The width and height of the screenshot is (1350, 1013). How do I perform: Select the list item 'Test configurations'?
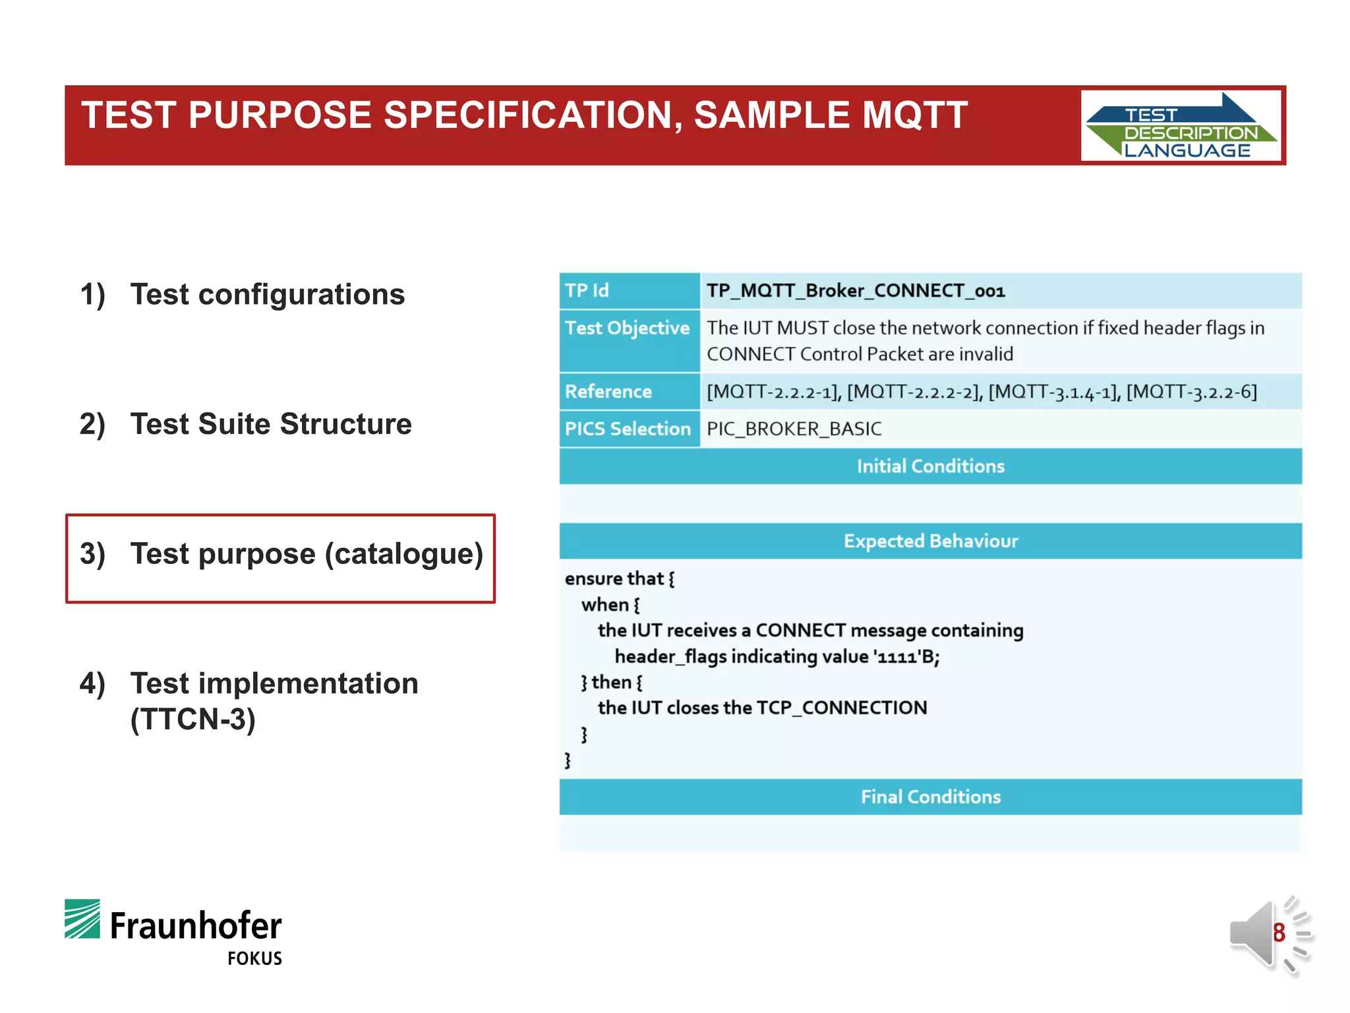pyautogui.click(x=267, y=294)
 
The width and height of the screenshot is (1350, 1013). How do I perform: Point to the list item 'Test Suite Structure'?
pyautogui.click(x=270, y=424)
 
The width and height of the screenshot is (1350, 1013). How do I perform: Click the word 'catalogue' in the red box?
pyautogui.click(x=403, y=554)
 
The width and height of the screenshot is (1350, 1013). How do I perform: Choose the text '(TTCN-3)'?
pyautogui.click(x=192, y=720)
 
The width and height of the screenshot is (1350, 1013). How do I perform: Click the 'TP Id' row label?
pyautogui.click(x=587, y=291)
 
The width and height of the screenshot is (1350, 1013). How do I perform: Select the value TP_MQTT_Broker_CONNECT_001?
pyautogui.click(x=856, y=291)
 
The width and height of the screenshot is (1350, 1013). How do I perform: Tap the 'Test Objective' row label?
pyautogui.click(x=627, y=328)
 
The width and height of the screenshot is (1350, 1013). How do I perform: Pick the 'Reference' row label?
pyautogui.click(x=608, y=392)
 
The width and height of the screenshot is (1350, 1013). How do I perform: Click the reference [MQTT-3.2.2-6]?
pyautogui.click(x=1191, y=392)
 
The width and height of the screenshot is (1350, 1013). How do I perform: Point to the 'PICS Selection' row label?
pyautogui.click(x=628, y=429)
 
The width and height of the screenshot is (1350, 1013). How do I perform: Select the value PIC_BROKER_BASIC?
pyautogui.click(x=794, y=429)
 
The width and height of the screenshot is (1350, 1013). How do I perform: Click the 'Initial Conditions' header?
pyautogui.click(x=930, y=466)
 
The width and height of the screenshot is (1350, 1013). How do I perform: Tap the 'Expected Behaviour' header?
pyautogui.click(x=930, y=541)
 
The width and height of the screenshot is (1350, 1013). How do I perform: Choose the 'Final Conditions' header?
pyautogui.click(x=930, y=797)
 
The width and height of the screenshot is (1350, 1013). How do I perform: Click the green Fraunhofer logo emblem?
pyautogui.click(x=82, y=919)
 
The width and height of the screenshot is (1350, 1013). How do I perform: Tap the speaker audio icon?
pyautogui.click(x=1256, y=933)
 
